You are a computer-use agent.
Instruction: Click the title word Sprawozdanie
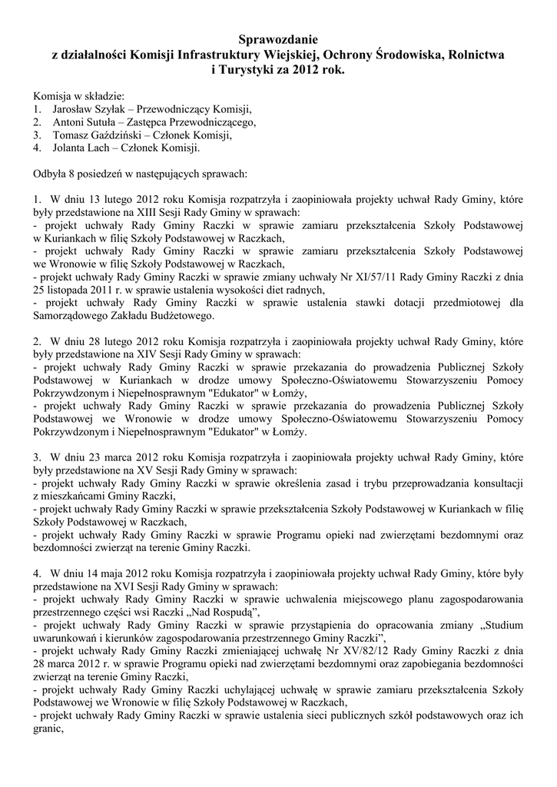tap(278, 38)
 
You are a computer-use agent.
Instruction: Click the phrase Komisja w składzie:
tap(78, 96)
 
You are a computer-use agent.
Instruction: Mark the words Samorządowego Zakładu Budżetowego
tap(123, 316)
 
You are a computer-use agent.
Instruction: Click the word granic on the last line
tap(48, 729)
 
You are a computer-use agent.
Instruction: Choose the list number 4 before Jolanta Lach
tap(36, 148)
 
